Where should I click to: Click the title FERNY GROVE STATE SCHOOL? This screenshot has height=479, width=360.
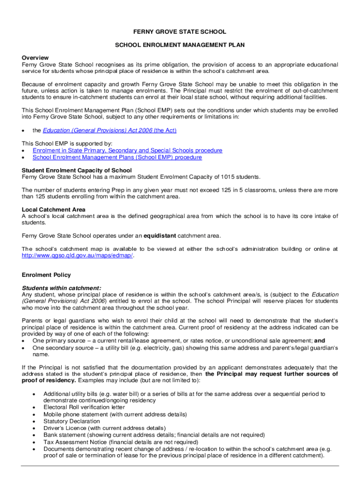tap(180, 32)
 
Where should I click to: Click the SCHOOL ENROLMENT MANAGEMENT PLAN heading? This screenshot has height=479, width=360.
tap(180, 45)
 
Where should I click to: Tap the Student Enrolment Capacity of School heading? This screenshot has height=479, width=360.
tap(77, 170)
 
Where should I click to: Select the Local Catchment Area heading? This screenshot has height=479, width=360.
tap(53, 209)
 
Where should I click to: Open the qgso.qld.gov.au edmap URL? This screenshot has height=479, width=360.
tap(78, 255)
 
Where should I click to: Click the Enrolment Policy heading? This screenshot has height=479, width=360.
tap(46, 275)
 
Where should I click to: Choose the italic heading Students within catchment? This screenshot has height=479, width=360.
tap(61, 288)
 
